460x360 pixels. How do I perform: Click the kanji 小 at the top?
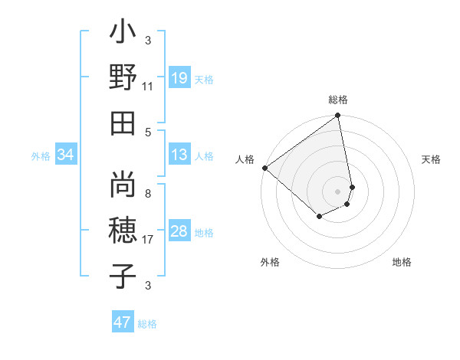tap(123, 35)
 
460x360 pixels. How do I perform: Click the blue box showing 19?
tap(179, 77)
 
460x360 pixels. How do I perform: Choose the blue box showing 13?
tap(179, 155)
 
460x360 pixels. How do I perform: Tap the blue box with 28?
tap(179, 231)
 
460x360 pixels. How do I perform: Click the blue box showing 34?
tap(66, 155)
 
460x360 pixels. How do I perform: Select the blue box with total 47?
tap(123, 322)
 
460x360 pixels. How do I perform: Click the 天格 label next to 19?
tap(204, 79)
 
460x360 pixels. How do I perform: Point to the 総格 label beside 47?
tap(147, 324)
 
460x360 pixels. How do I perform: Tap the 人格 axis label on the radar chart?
tap(245, 159)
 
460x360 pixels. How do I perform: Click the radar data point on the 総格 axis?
tap(338, 116)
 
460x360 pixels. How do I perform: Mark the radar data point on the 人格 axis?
tap(264, 168)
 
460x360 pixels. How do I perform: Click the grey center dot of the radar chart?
tap(338, 191)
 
